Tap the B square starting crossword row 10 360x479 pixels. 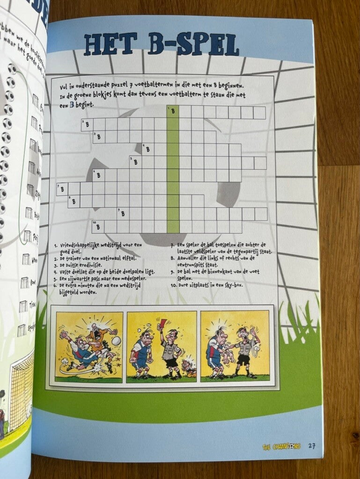[x=98, y=226]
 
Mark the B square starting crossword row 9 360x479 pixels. [x=123, y=214]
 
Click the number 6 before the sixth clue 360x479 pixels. [x=56, y=285]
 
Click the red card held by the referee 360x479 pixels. [x=164, y=322]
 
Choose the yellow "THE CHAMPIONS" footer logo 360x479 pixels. [x=281, y=446]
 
